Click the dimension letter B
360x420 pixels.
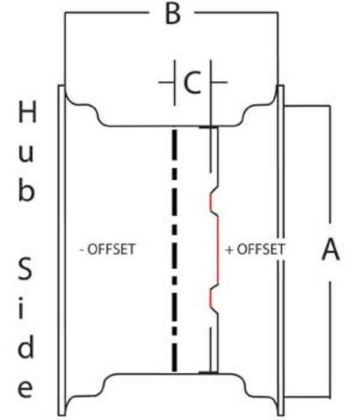point(173,14)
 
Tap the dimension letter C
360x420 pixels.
point(192,83)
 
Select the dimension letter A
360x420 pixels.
point(331,249)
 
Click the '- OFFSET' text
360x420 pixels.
point(107,249)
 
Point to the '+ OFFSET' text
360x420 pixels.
point(255,249)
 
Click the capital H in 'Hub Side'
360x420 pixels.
point(27,113)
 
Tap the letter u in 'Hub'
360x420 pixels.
point(27,153)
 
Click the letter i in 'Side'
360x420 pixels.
point(22,308)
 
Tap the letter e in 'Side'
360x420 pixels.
point(25,388)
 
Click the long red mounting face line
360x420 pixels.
point(218,249)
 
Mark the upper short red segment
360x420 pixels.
point(211,202)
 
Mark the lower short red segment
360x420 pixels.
point(211,298)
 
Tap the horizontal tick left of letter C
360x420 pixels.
point(167,82)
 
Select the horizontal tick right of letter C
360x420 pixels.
point(219,82)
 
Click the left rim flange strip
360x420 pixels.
point(62,250)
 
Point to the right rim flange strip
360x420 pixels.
point(281,250)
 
